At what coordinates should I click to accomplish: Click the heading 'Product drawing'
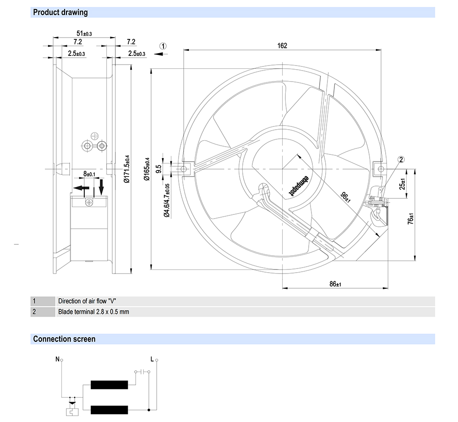tap(60, 12)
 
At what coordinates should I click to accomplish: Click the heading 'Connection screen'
tap(64, 339)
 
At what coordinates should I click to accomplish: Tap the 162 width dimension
tap(282, 45)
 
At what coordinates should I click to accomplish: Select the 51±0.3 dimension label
tap(84, 33)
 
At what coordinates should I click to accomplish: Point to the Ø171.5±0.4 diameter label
tap(127, 169)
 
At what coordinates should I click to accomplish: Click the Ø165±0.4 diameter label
tap(147, 170)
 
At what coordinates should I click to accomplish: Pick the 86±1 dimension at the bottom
tap(335, 284)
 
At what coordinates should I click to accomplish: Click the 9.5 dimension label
tap(158, 169)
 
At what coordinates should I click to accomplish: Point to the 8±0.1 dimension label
tap(89, 174)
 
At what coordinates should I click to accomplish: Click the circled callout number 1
tap(164, 46)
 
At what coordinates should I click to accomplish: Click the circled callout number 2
tap(401, 159)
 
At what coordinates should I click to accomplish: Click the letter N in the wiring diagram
tap(58, 359)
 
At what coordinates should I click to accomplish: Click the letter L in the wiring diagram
tap(152, 359)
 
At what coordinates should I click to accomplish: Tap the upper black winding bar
tap(109, 385)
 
